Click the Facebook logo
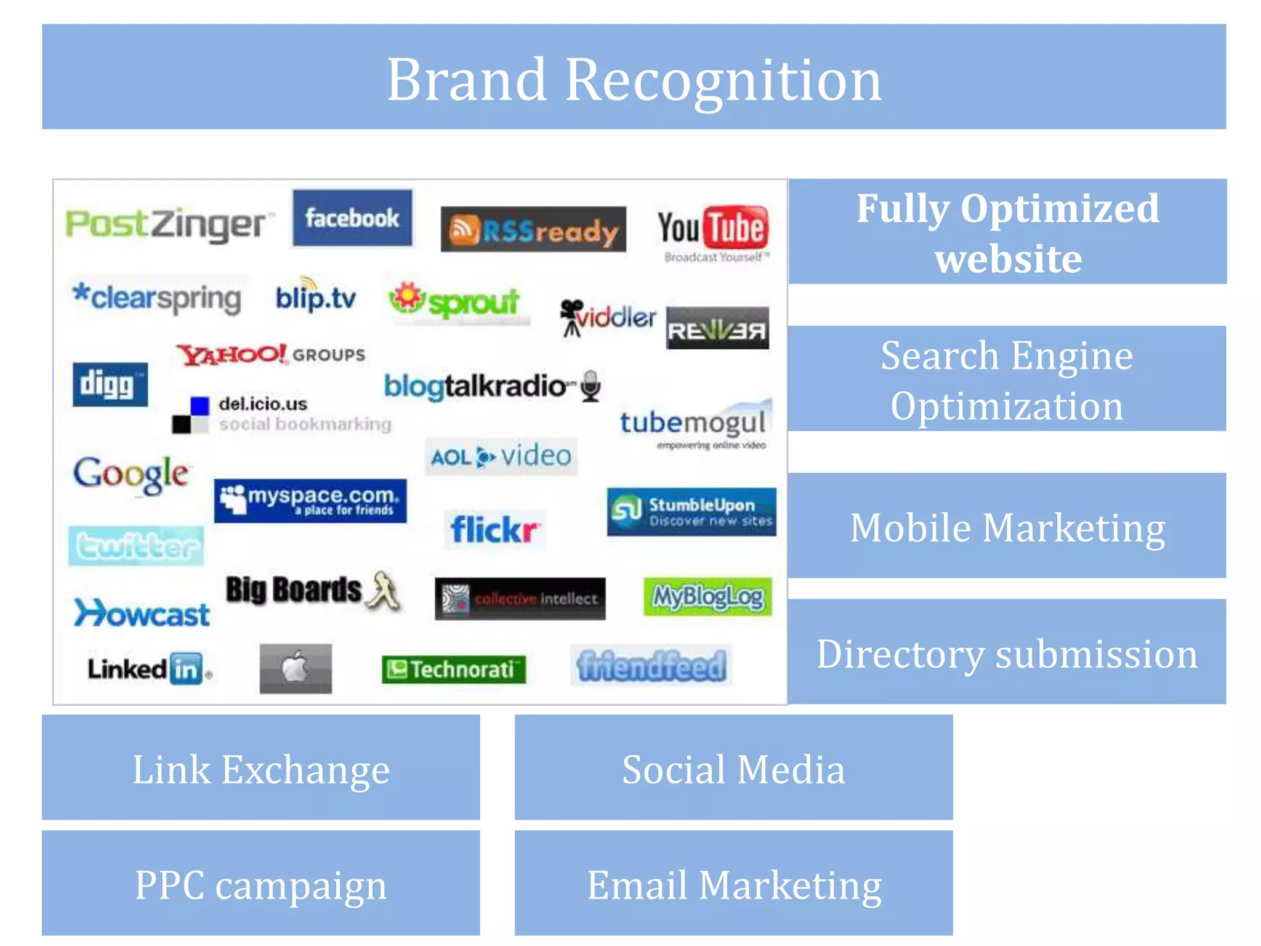352,218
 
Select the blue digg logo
110,385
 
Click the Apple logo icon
296,668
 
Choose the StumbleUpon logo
691,512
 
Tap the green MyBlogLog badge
707,596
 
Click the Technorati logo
454,669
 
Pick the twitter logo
136,546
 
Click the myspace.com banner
310,501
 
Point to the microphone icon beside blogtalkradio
591,386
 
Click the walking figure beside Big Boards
383,591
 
